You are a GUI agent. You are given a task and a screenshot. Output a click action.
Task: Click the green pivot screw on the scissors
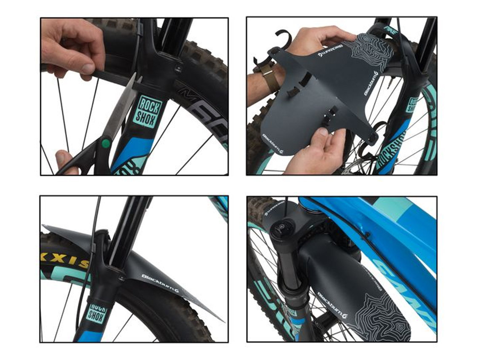(106, 143)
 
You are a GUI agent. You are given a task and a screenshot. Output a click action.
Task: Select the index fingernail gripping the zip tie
(87, 69)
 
